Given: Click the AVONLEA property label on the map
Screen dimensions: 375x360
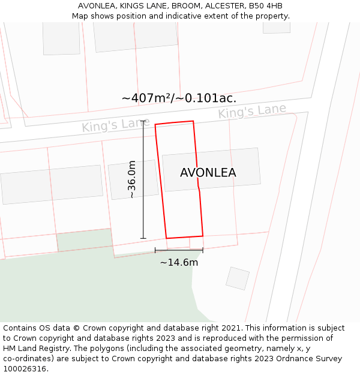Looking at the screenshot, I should coord(208,173).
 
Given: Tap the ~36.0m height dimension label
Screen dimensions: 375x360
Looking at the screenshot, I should coord(131,179).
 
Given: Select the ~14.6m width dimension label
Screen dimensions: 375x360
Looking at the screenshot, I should coord(179,262).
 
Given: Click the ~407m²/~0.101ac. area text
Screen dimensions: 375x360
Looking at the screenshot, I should coord(179,98).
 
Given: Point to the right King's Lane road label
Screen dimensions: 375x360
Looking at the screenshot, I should coord(252,112).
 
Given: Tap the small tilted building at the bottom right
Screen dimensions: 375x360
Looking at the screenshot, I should coord(238,278).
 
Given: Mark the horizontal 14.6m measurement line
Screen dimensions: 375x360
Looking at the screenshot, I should coord(179,250).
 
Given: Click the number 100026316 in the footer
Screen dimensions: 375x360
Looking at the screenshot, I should coord(23,369).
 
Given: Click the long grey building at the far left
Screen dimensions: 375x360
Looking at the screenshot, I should coord(52,184).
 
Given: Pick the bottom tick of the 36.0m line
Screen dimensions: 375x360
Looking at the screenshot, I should coord(143,239).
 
